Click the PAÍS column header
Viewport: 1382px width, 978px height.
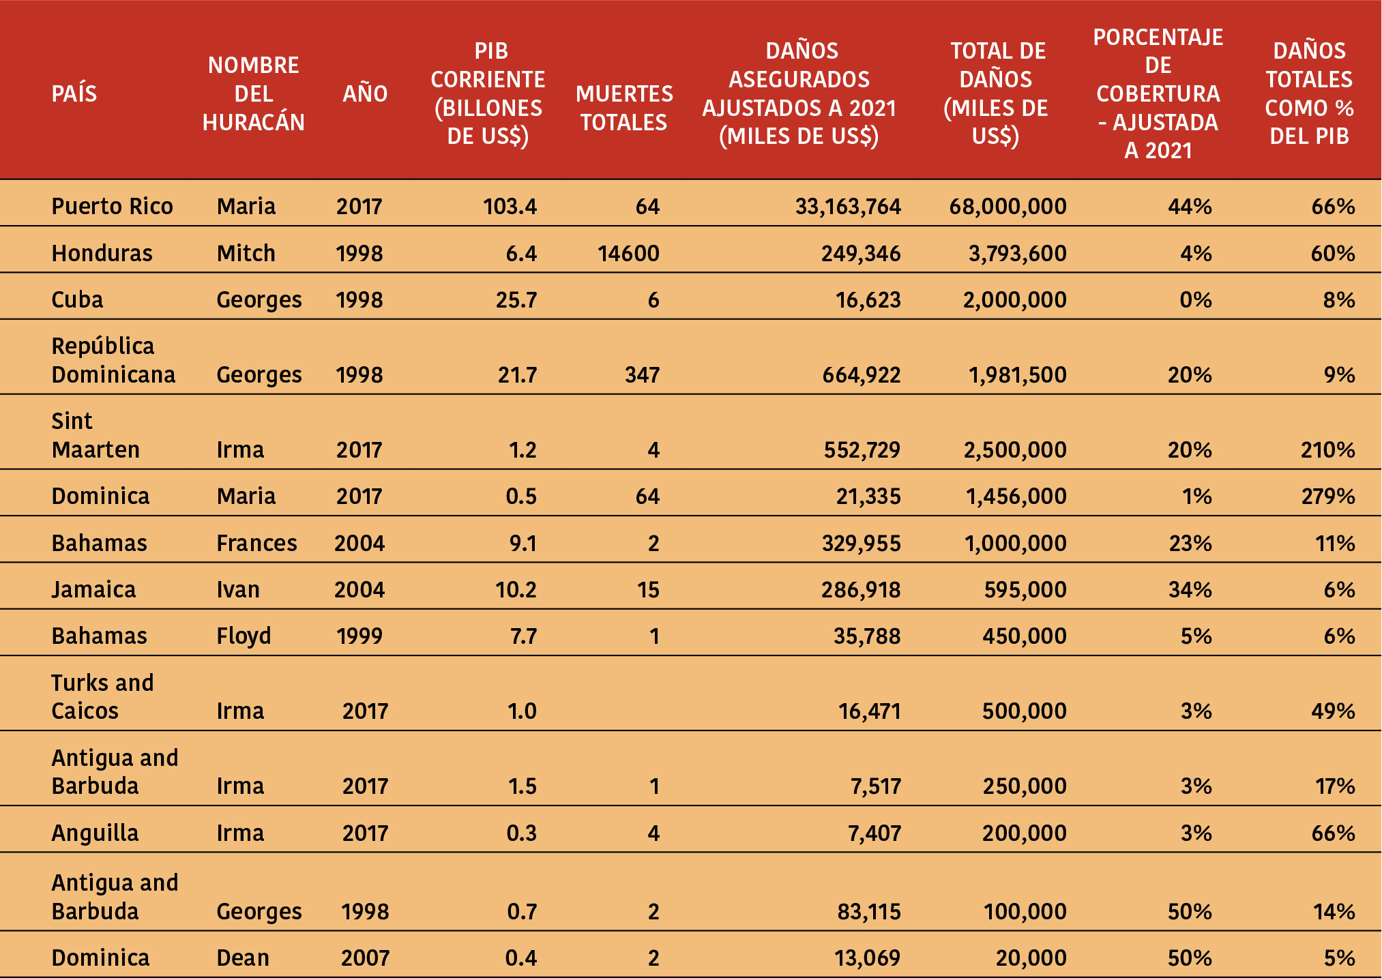point(74,93)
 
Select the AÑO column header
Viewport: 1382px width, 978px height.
point(365,93)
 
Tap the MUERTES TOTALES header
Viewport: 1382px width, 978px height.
point(624,108)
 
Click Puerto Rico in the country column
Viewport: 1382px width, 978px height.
point(112,206)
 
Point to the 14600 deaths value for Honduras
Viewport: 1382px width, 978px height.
point(628,253)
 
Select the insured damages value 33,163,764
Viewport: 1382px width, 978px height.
point(848,206)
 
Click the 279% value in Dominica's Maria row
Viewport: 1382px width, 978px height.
point(1327,496)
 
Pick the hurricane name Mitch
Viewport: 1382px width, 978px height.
point(246,253)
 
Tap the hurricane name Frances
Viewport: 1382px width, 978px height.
point(256,543)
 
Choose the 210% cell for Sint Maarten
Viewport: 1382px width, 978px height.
point(1327,449)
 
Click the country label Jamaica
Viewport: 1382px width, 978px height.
point(93,589)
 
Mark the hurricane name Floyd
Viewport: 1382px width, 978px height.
point(244,636)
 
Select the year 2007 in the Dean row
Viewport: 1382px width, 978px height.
point(365,958)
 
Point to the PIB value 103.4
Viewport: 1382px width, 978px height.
point(510,206)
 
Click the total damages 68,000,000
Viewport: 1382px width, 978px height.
point(1008,206)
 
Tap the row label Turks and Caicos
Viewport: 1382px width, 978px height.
point(102,696)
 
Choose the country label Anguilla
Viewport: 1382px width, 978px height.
point(95,833)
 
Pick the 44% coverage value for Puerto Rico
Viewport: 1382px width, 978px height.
point(1190,206)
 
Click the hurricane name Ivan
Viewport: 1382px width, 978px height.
point(238,589)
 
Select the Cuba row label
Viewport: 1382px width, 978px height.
point(77,299)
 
